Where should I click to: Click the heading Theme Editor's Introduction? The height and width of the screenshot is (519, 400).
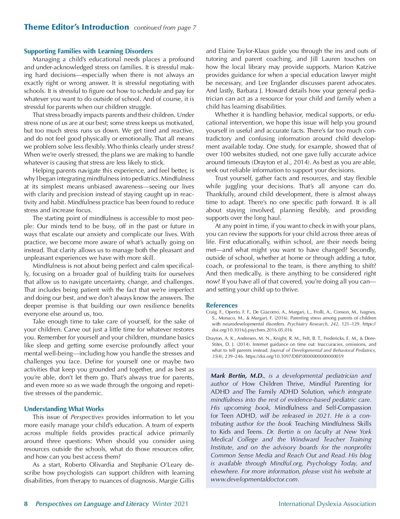point(76,27)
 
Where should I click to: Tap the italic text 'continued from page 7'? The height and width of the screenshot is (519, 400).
point(165,28)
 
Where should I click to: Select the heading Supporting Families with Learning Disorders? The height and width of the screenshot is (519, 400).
point(88,51)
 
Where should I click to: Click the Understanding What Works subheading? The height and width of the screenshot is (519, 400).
point(64,409)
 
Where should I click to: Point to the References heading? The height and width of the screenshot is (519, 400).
point(222,305)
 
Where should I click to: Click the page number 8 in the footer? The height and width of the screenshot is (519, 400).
point(26,504)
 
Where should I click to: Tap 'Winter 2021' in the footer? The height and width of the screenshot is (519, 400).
point(170,504)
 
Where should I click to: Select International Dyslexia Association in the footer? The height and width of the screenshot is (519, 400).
point(327,504)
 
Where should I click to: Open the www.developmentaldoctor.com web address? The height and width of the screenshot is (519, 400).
point(254,479)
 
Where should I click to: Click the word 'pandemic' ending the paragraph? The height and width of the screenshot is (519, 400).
point(90,393)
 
